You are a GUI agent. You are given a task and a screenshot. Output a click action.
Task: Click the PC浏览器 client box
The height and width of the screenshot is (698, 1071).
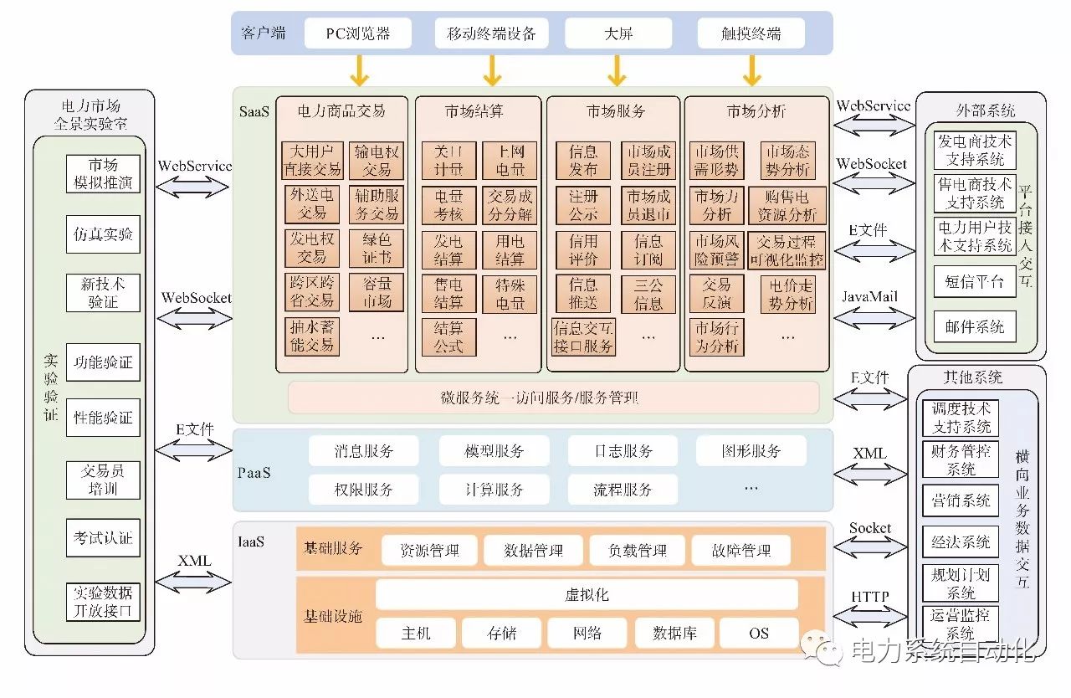click(x=357, y=33)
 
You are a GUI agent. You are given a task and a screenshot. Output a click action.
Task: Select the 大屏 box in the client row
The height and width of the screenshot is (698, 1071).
click(x=617, y=33)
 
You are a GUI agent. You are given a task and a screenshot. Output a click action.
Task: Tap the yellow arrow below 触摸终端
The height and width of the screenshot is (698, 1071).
click(x=751, y=70)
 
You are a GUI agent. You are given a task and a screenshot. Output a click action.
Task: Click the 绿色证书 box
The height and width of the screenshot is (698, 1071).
click(x=377, y=249)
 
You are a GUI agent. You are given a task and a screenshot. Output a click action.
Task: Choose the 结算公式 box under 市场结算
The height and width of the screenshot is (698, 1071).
click(x=448, y=336)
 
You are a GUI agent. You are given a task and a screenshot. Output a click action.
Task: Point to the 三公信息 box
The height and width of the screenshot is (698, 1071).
click(x=648, y=294)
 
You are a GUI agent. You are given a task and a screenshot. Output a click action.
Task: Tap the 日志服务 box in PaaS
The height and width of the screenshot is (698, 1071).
click(x=623, y=451)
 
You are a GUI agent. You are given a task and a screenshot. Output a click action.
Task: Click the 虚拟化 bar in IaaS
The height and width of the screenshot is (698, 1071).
click(x=587, y=595)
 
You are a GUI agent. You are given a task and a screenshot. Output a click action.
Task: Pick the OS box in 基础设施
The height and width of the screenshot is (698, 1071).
click(x=758, y=634)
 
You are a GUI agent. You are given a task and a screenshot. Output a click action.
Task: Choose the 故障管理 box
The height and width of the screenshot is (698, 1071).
click(x=741, y=551)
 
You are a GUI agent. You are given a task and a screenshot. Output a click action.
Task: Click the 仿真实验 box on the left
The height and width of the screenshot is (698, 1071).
click(x=103, y=234)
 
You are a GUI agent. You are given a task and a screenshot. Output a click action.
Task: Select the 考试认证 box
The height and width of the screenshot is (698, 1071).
click(x=103, y=538)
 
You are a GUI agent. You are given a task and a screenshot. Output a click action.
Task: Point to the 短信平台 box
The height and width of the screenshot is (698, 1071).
click(x=975, y=281)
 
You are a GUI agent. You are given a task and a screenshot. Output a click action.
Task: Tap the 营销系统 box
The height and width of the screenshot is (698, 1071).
click(x=961, y=500)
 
